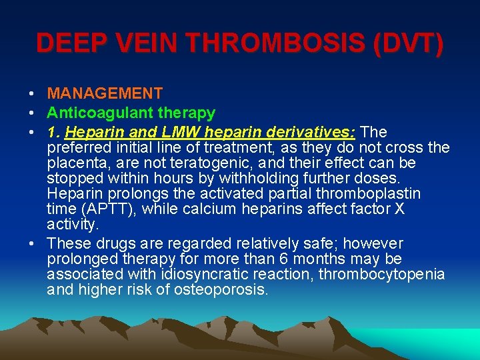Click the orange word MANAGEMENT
pyautogui.click(x=105, y=94)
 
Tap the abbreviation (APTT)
pyautogui.click(x=109, y=209)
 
